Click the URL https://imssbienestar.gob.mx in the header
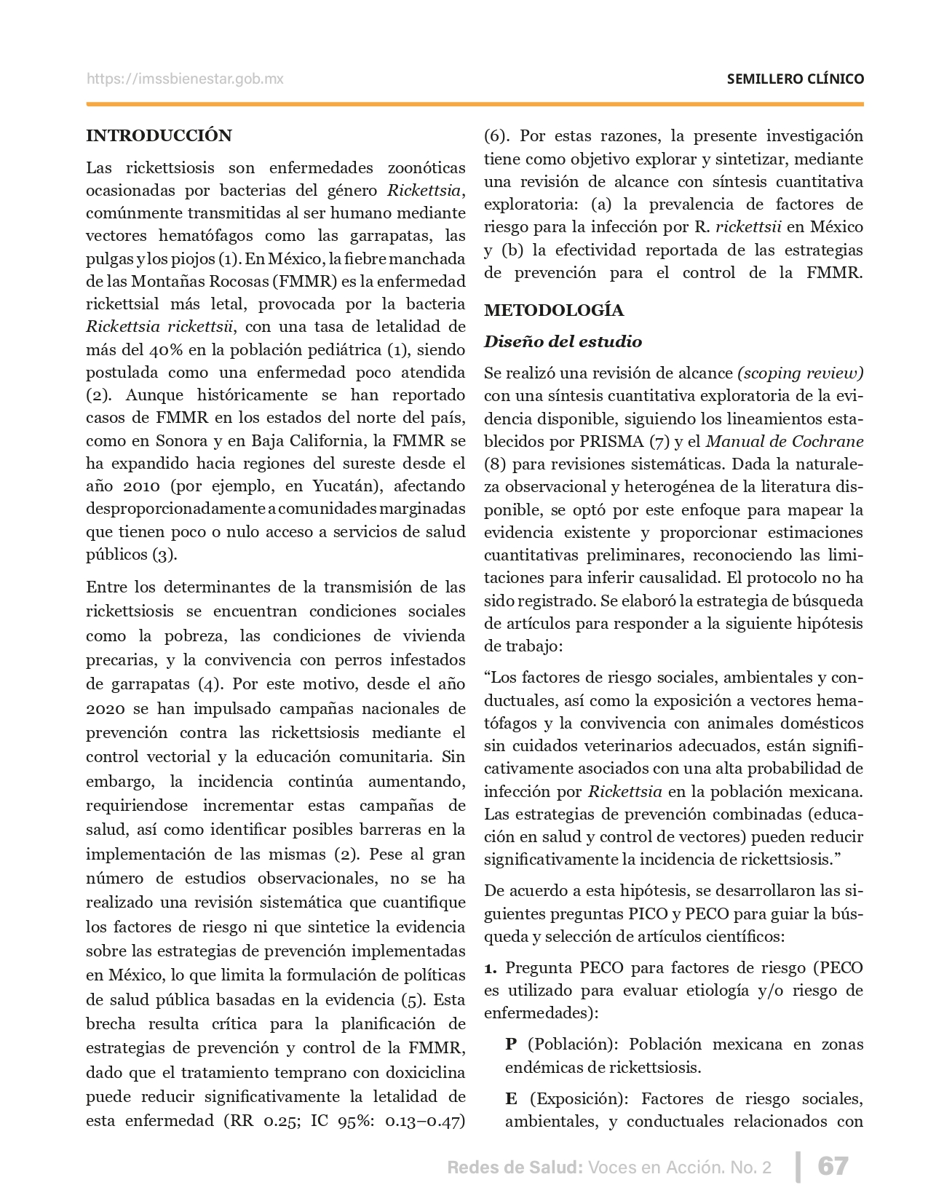(x=185, y=79)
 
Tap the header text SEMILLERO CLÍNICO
(x=795, y=79)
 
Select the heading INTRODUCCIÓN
(x=159, y=135)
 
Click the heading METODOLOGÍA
(x=553, y=310)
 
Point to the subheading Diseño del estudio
(x=563, y=341)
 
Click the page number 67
(x=833, y=1166)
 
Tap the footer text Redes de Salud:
(x=515, y=1168)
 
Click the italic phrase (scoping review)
(x=800, y=373)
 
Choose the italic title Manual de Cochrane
(x=785, y=441)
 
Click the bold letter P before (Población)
(x=511, y=1045)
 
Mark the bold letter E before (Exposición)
(x=511, y=1098)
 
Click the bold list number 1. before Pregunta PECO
(x=491, y=968)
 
